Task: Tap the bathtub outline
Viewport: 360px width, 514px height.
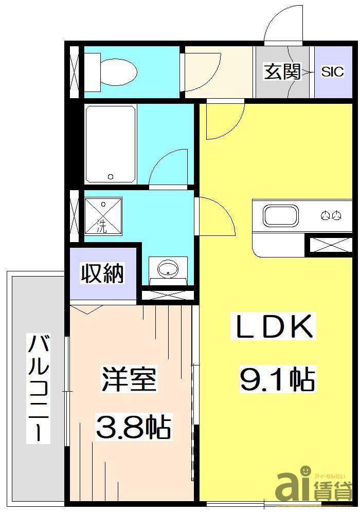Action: click(x=110, y=144)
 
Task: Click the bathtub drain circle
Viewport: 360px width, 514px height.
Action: click(x=110, y=177)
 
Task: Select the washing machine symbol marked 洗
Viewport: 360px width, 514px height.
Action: click(x=103, y=216)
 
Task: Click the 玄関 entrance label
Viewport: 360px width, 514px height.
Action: click(x=282, y=72)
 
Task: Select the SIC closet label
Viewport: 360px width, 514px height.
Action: click(x=332, y=72)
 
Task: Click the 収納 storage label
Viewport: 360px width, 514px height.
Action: click(x=103, y=273)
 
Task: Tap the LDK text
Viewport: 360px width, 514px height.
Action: click(x=274, y=327)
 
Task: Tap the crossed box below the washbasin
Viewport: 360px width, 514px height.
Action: click(x=167, y=296)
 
